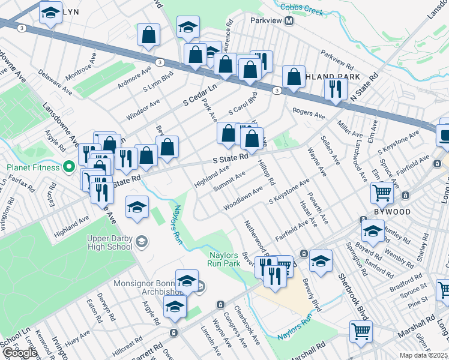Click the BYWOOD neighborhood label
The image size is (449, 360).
pos(393,212)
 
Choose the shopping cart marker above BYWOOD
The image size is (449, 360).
pos(382,193)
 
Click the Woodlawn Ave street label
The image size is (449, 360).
pos(243,198)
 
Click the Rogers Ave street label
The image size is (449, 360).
pos(309,112)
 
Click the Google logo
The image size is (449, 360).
pos(20,353)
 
